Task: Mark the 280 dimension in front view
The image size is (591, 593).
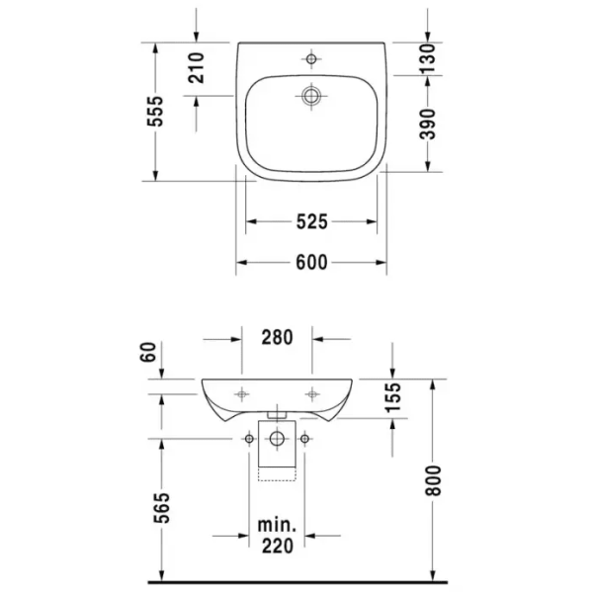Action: coord(278,337)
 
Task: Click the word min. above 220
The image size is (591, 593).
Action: coord(278,522)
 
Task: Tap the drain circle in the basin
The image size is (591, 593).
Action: coord(312,96)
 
